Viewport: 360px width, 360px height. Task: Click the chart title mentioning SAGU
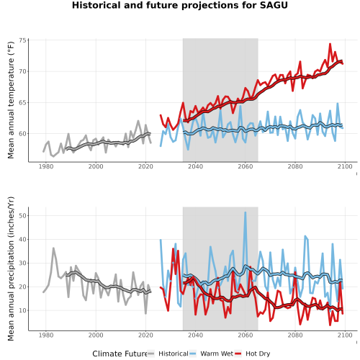(180, 5)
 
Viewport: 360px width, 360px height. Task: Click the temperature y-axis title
(11, 100)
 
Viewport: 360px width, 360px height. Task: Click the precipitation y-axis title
(11, 269)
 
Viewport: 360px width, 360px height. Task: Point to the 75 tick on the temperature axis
(22, 40)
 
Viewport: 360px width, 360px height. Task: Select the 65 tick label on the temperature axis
(22, 102)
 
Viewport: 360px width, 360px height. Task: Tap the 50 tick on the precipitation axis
(22, 215)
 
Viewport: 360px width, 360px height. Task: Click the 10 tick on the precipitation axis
(22, 310)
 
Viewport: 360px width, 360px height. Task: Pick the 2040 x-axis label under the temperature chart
(195, 166)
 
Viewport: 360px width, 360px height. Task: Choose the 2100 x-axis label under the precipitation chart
(345, 335)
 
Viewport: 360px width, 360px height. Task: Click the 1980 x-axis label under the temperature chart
(46, 166)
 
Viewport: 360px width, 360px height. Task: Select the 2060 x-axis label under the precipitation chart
(246, 335)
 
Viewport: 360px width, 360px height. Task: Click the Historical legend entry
(174, 354)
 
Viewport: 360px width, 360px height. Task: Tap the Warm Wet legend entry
(217, 354)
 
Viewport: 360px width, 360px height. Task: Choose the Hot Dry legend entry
(258, 354)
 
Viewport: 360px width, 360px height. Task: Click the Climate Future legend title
(120, 354)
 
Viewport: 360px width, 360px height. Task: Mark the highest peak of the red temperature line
(330, 44)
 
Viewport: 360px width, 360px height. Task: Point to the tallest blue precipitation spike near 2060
(245, 212)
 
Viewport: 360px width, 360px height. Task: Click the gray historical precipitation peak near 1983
(53, 248)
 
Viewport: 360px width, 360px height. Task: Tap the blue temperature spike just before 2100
(338, 104)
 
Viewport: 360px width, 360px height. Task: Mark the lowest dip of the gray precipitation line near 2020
(145, 313)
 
